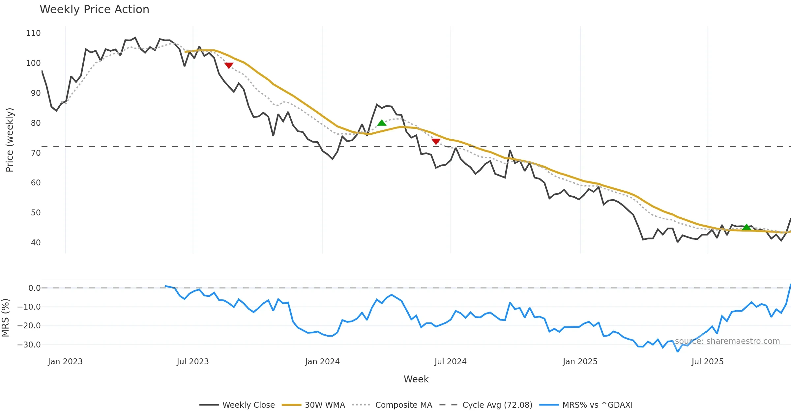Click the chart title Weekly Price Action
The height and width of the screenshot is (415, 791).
94,10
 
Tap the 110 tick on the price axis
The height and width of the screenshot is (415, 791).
33,33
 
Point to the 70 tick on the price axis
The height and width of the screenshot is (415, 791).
36,153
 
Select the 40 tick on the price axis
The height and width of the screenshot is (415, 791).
36,243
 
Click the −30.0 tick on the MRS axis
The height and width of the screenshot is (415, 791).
29,345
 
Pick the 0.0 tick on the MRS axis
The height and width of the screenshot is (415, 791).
34,288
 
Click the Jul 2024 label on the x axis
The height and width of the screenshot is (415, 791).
450,362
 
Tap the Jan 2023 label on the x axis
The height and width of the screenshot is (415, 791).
65,362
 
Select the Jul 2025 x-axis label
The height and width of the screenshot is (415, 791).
707,362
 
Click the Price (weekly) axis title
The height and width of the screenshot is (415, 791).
10,140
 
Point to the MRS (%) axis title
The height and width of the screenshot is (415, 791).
5,318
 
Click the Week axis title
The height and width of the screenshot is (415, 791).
416,379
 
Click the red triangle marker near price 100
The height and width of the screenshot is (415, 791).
229,65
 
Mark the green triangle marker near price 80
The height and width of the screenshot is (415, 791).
382,123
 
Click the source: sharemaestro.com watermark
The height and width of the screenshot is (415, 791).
727,341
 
